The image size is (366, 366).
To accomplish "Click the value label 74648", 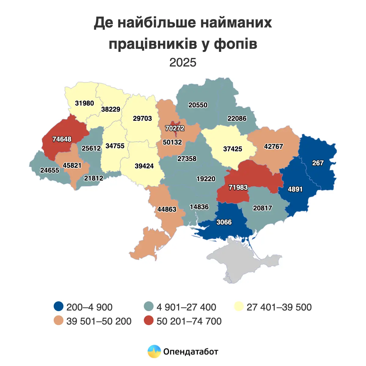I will pyautogui.click(x=62, y=139).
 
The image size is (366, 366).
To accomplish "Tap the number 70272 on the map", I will pyautogui.click(x=175, y=128).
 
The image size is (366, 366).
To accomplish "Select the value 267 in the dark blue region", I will pyautogui.click(x=318, y=163).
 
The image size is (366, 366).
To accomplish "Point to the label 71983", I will pyautogui.click(x=238, y=188).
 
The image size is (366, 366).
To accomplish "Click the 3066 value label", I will pyautogui.click(x=224, y=222).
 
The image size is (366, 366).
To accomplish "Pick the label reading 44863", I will pyautogui.click(x=167, y=210).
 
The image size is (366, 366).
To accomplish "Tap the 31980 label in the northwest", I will pyautogui.click(x=84, y=103).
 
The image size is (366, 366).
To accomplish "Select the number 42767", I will pyautogui.click(x=274, y=147).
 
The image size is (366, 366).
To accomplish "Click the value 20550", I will pyautogui.click(x=198, y=105).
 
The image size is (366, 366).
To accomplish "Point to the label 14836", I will pyautogui.click(x=199, y=207).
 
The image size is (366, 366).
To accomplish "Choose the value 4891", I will pyautogui.click(x=295, y=189).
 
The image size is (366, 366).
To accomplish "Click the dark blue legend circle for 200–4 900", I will pyautogui.click(x=58, y=307).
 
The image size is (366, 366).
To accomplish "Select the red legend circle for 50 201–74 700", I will pyautogui.click(x=149, y=321).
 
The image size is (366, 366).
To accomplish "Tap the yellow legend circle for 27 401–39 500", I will pyautogui.click(x=239, y=307).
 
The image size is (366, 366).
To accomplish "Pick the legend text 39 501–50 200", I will pyautogui.click(x=99, y=321).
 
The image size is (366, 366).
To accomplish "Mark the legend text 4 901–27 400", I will pyautogui.click(x=186, y=307).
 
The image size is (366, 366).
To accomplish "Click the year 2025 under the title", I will pyautogui.click(x=183, y=63).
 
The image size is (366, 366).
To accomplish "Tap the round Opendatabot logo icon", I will pyautogui.click(x=154, y=351).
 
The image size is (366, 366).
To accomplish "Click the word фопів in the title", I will pyautogui.click(x=235, y=44).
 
